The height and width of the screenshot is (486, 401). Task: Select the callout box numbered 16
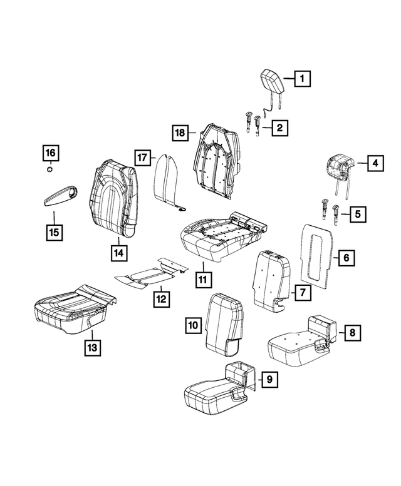click(x=50, y=152)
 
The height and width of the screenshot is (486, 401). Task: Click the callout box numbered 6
click(x=345, y=256)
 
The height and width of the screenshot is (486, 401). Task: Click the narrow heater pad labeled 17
click(x=167, y=183)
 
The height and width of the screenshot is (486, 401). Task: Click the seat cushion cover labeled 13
click(x=74, y=306)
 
